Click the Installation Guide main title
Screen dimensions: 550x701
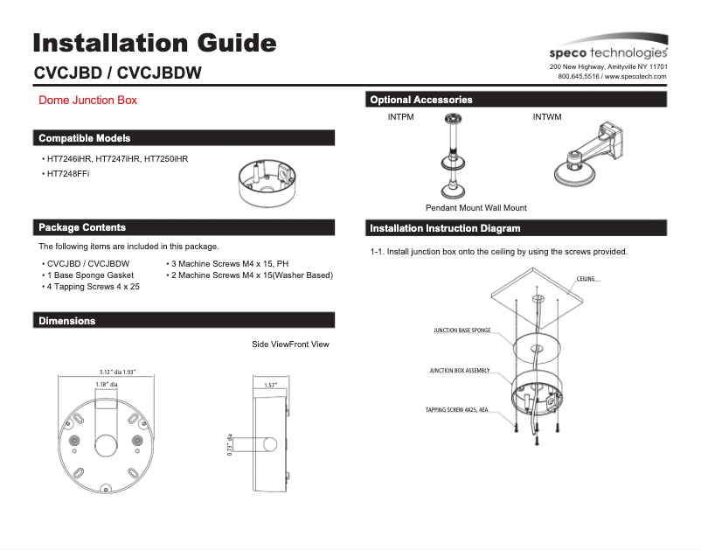155,43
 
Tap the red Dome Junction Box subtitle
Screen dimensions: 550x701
88,101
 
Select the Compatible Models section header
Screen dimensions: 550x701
85,138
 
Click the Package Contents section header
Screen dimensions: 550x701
82,227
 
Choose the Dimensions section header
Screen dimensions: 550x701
67,321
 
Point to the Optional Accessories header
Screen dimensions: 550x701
421,100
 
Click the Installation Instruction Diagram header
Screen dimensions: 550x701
445,228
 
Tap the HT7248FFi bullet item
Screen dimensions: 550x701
67,174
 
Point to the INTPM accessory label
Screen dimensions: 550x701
400,116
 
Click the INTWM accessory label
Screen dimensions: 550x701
547,116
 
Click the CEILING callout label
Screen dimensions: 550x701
586,279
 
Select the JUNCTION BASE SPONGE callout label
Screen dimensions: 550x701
462,331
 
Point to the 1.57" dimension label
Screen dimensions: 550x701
271,385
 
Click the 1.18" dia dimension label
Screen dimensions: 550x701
107,384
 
